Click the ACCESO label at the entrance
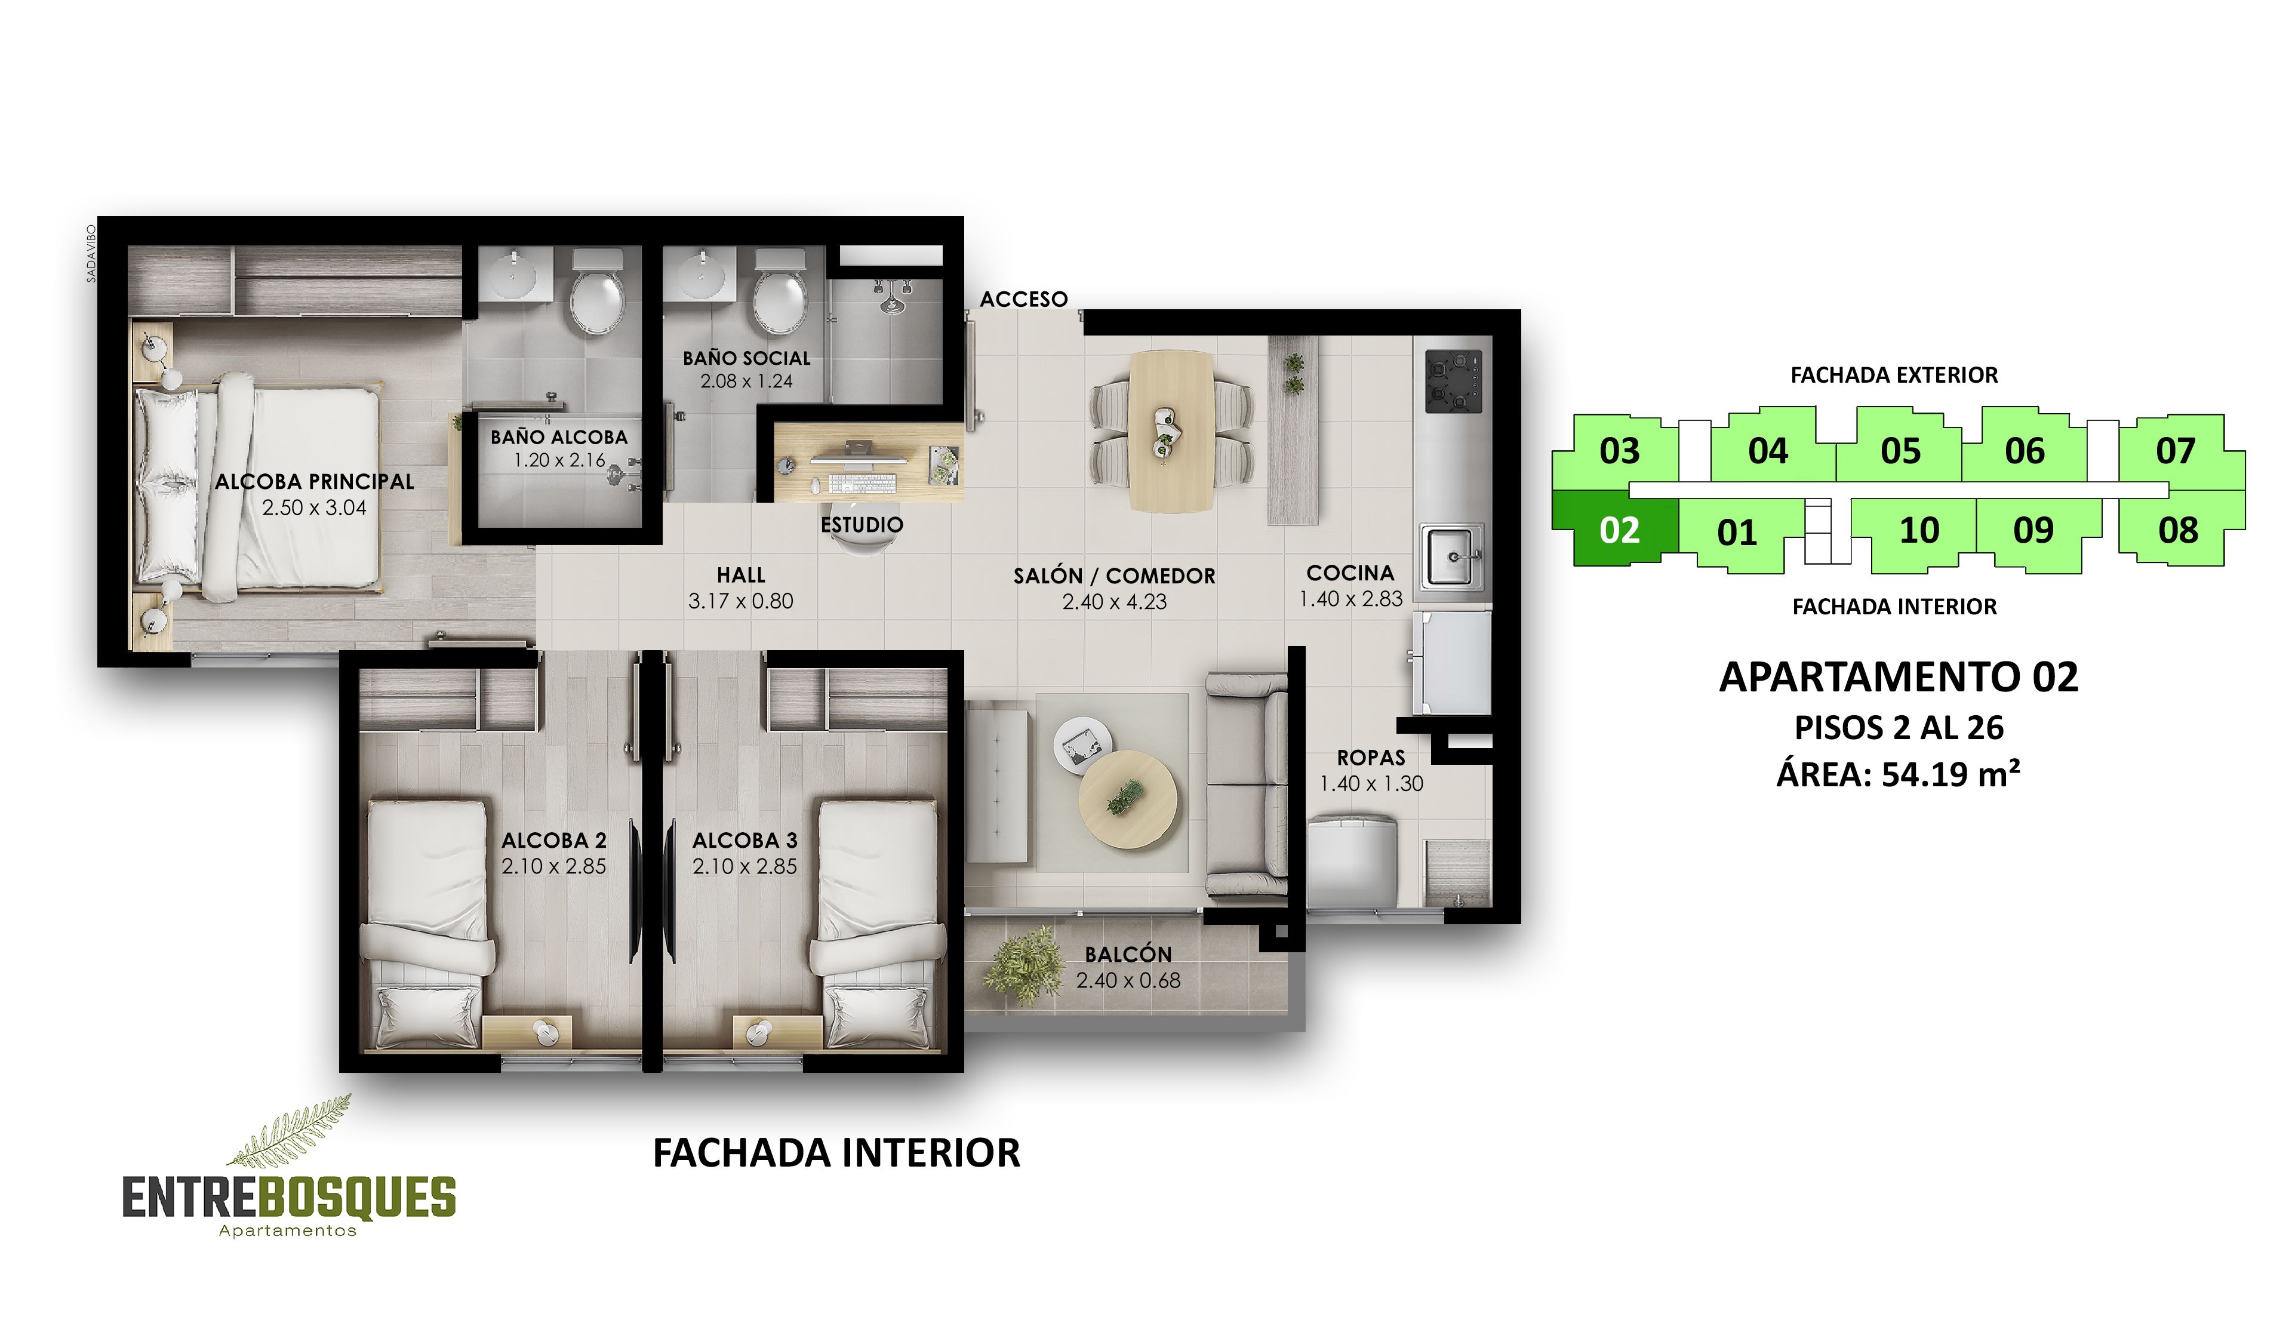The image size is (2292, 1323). pyautogui.click(x=1023, y=299)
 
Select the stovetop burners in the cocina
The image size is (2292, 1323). pyautogui.click(x=1453, y=381)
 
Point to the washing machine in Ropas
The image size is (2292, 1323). pyautogui.click(x=1351, y=858)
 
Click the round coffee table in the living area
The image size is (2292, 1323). pyautogui.click(x=1127, y=799)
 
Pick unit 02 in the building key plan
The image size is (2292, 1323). pyautogui.click(x=1618, y=530)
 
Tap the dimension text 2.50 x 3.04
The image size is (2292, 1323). pyautogui.click(x=314, y=508)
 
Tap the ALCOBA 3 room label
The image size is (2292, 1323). pyautogui.click(x=744, y=841)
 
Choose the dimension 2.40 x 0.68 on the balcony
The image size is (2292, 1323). pyautogui.click(x=1128, y=980)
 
